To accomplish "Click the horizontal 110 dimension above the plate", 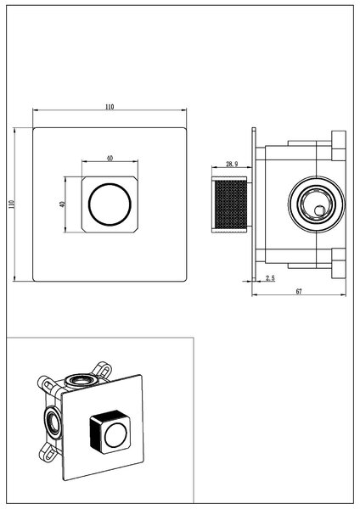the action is [x=110, y=107].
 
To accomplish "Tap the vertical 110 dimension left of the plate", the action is [x=12, y=204].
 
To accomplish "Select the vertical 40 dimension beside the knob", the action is [x=62, y=204].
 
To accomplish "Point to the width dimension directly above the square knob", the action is [x=110, y=159].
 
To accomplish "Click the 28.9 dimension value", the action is [x=232, y=164].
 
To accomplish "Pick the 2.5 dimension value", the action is [x=270, y=278].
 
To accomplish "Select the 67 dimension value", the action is [x=299, y=291].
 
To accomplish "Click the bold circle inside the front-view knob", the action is [x=110, y=204].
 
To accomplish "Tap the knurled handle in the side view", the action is [x=232, y=204].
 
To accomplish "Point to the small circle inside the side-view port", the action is [x=320, y=210].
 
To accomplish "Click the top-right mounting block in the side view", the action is [x=339, y=146].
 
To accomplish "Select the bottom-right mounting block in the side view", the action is [x=339, y=264].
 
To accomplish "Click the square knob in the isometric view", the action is [x=110, y=432].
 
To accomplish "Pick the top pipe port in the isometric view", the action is [x=81, y=380].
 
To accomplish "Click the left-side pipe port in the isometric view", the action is [x=52, y=422].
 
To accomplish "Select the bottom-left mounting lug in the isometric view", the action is [x=48, y=452].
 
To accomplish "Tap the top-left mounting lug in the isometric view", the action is [x=47, y=384].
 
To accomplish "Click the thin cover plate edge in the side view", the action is [x=254, y=204].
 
